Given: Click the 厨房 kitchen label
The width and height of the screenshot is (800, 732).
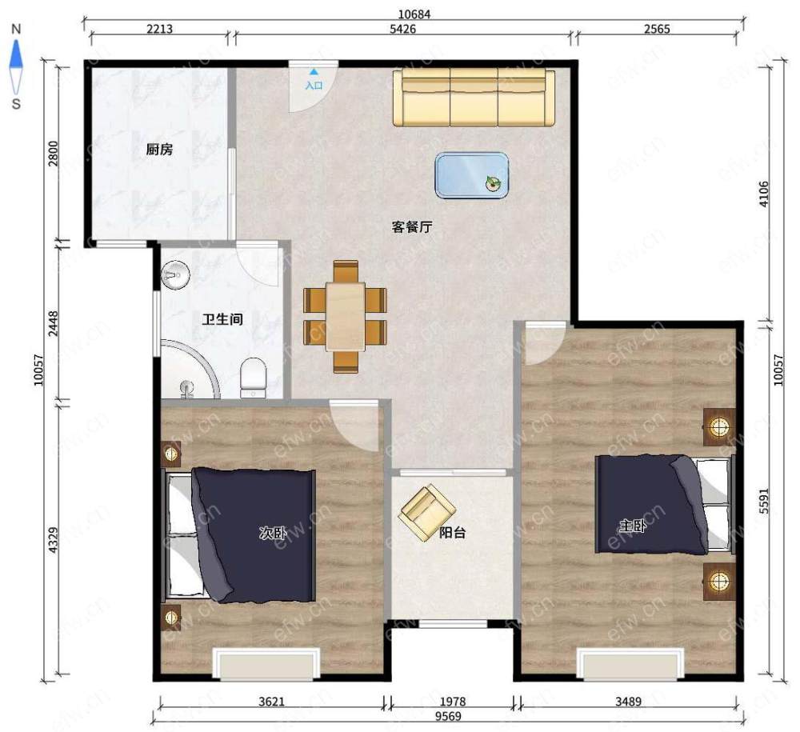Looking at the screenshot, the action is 159,150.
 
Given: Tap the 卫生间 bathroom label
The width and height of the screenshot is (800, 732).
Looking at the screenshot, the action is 222,320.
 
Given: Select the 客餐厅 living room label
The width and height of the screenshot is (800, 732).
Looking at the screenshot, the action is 412,226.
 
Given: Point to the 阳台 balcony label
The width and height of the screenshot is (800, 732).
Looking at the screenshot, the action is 453,533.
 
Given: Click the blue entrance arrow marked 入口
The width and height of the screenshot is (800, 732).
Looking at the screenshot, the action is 314,72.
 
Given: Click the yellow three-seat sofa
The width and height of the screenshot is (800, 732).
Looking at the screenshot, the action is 474,98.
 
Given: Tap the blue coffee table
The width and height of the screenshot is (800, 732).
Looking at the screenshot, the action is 472,175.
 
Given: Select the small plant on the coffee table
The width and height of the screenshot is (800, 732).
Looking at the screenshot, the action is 493,182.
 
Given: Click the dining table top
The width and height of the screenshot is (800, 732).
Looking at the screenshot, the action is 346,316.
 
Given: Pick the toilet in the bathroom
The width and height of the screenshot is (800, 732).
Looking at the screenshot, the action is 253,378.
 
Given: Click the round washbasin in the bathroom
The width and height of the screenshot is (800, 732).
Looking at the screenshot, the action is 175,275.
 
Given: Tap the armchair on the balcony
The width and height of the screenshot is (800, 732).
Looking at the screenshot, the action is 427,512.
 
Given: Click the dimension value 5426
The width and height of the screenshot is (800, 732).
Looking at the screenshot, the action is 402,29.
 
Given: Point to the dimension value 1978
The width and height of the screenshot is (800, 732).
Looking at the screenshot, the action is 453,702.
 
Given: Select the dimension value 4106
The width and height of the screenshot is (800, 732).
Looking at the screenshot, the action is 764,194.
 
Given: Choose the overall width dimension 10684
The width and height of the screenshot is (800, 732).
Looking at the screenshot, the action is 414,14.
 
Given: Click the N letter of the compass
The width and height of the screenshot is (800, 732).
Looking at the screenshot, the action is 16,29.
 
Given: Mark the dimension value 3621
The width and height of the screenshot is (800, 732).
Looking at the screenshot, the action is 271,702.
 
